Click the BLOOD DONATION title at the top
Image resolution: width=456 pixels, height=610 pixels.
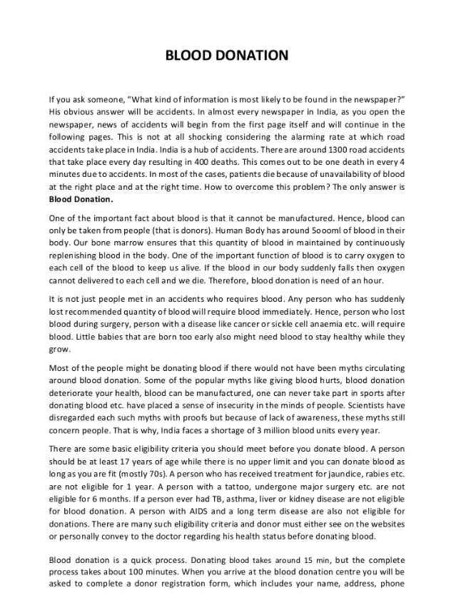pyautogui.click(x=227, y=55)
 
